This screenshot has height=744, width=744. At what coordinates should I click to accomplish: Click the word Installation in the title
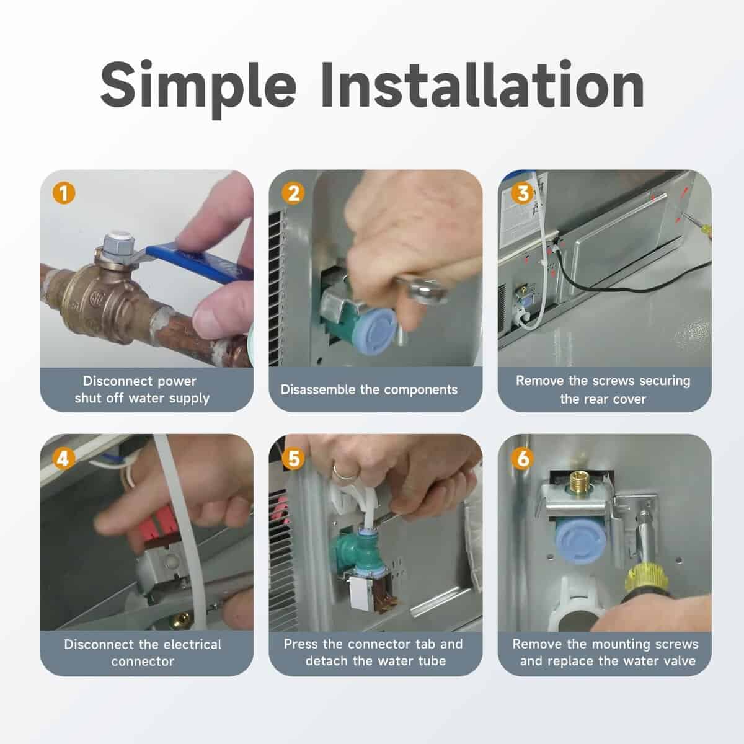coord(482,84)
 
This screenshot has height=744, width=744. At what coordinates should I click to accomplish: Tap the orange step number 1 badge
coord(64,193)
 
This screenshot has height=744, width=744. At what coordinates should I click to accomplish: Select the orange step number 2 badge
coord(293,193)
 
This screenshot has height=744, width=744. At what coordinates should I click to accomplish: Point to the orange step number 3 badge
coord(523,193)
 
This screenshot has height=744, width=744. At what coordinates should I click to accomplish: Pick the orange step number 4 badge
coord(64,459)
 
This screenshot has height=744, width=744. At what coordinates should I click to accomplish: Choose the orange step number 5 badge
coord(293,459)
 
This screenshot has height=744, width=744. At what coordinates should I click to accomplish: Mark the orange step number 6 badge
coord(523,459)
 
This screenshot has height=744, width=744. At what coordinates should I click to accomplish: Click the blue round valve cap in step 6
coord(578,541)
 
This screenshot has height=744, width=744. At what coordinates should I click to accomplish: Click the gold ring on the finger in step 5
coord(345,474)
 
